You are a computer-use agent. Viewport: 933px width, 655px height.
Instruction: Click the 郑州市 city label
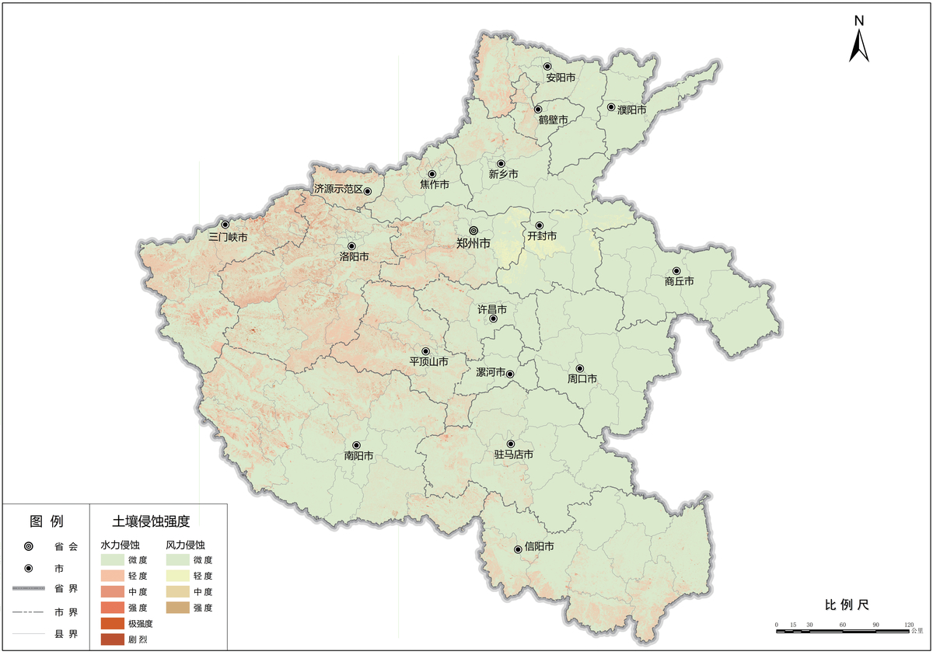tap(473, 243)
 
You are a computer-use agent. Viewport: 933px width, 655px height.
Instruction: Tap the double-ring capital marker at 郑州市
tap(473, 231)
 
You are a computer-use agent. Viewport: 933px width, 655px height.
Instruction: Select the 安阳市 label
tap(561, 78)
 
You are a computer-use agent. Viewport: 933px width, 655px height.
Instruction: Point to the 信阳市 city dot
tap(518, 549)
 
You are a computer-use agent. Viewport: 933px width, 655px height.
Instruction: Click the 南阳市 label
tap(358, 456)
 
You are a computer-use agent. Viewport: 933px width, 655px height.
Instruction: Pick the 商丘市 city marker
tap(676, 270)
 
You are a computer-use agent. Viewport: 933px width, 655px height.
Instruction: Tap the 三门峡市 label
tap(229, 236)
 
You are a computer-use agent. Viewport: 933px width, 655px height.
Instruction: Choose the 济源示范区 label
tap(338, 189)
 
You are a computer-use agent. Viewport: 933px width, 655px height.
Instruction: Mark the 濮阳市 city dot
tap(611, 107)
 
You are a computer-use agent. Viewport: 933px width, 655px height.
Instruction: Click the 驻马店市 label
tap(514, 455)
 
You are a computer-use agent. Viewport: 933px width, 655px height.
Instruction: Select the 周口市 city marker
tap(579, 368)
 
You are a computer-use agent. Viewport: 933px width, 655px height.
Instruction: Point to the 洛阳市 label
tap(354, 256)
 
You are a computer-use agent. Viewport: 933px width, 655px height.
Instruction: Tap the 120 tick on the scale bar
tap(909, 625)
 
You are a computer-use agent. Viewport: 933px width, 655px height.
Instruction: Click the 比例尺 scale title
tap(846, 604)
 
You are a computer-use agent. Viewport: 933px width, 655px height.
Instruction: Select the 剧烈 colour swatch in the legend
tap(112, 639)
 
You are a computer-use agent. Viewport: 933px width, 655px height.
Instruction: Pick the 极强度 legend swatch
tap(112, 623)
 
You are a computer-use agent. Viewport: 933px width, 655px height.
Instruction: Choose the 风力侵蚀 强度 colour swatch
tap(177, 608)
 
